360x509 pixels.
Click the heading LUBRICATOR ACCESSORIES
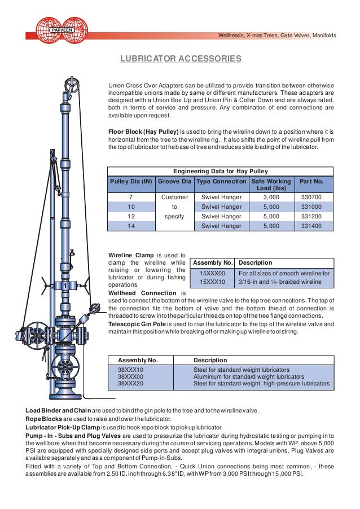(x=181, y=59)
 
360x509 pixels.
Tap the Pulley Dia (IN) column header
(x=131, y=182)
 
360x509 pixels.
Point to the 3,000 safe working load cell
(x=271, y=198)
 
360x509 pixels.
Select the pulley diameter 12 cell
(x=131, y=216)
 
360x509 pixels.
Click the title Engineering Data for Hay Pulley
(x=220, y=171)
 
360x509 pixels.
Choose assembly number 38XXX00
(x=130, y=376)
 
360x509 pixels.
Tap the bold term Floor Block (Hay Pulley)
(x=143, y=131)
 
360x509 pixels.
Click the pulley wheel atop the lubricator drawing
(x=72, y=85)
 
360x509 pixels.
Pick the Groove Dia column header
(x=174, y=182)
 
